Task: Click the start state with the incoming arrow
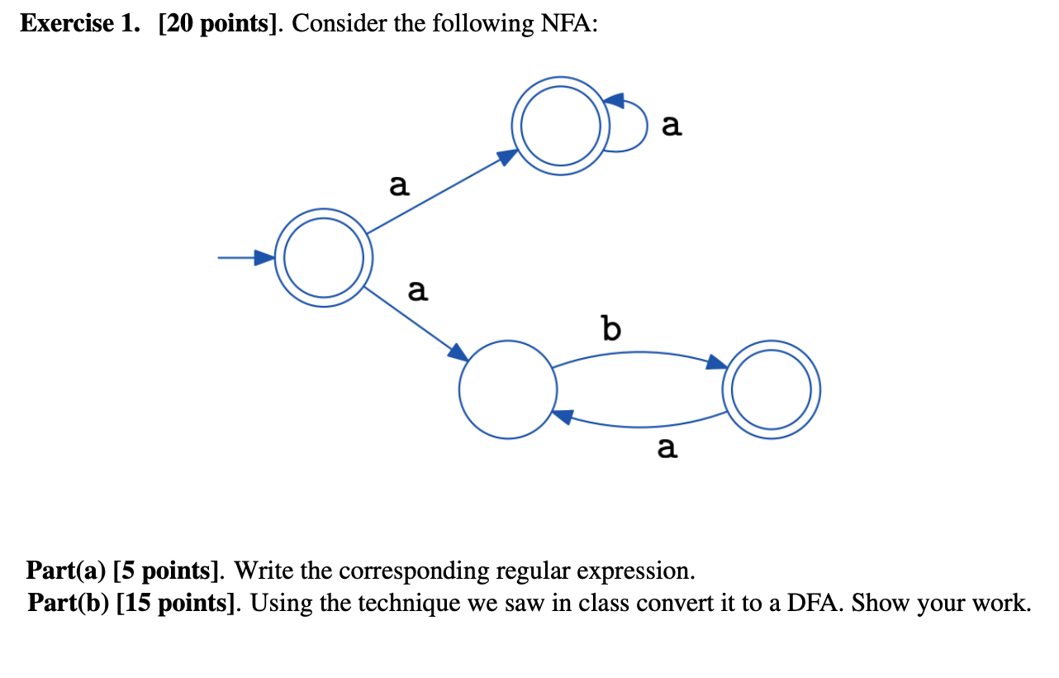323,258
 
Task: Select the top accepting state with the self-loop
560,126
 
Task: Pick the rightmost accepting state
772,389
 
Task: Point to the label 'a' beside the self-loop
672,126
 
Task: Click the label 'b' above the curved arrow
610,330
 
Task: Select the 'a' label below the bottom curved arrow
667,448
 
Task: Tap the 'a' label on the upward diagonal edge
399,186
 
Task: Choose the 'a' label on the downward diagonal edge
418,290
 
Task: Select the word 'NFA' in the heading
565,24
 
